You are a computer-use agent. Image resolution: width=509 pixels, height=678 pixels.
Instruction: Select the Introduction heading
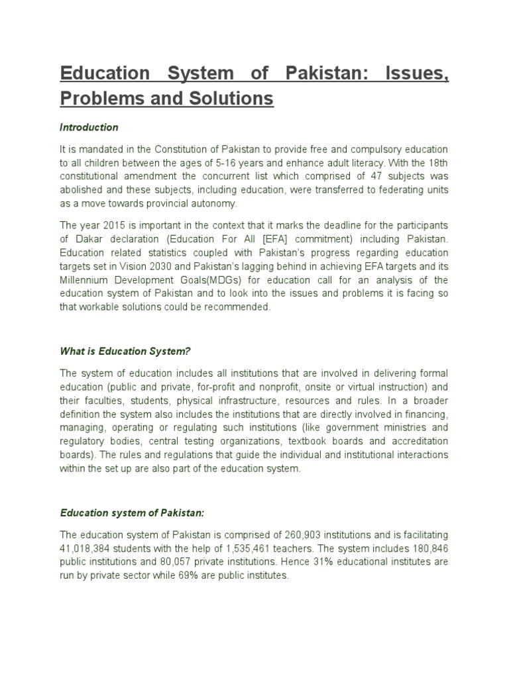pyautogui.click(x=89, y=126)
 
